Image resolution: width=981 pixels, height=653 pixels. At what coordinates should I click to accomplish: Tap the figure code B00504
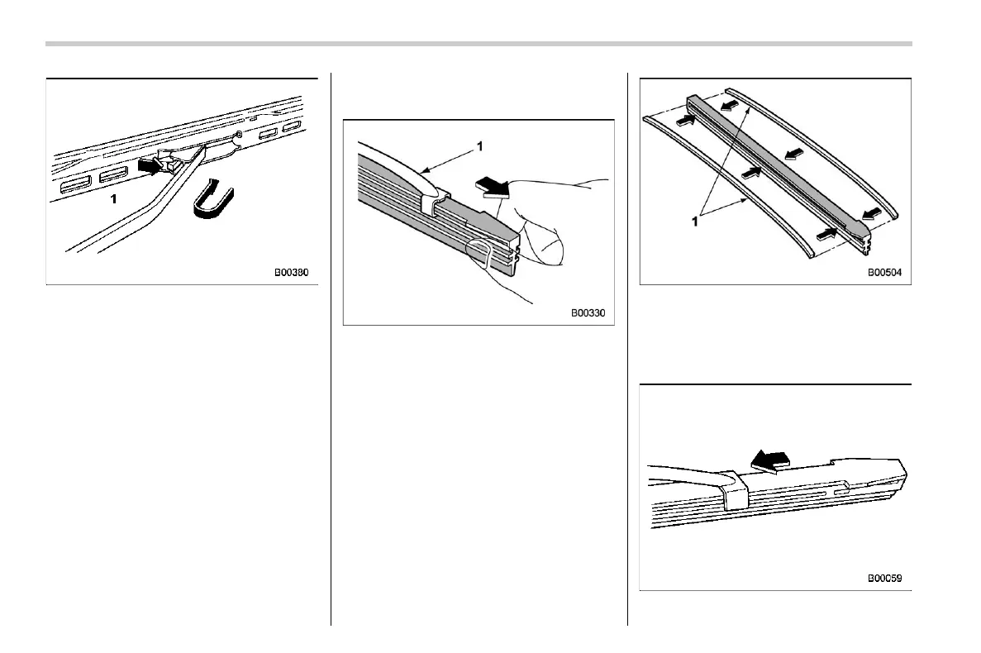point(885,270)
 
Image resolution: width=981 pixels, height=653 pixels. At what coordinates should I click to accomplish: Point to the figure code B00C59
point(884,579)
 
